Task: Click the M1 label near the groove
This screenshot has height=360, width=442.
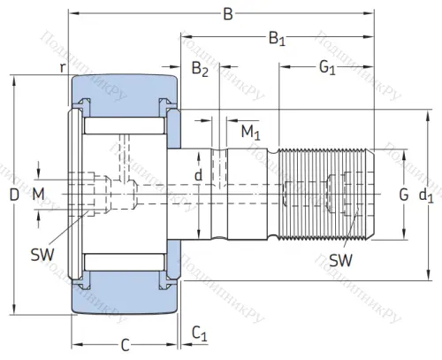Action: (251, 133)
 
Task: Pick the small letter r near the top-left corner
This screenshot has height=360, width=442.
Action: (62, 67)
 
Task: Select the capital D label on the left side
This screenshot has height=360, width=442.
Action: (13, 194)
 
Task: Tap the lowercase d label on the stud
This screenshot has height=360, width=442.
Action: (198, 176)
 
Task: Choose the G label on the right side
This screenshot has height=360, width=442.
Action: (403, 194)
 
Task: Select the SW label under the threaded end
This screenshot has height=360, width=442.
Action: (339, 260)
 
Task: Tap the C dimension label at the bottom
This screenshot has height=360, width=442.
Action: (125, 344)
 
